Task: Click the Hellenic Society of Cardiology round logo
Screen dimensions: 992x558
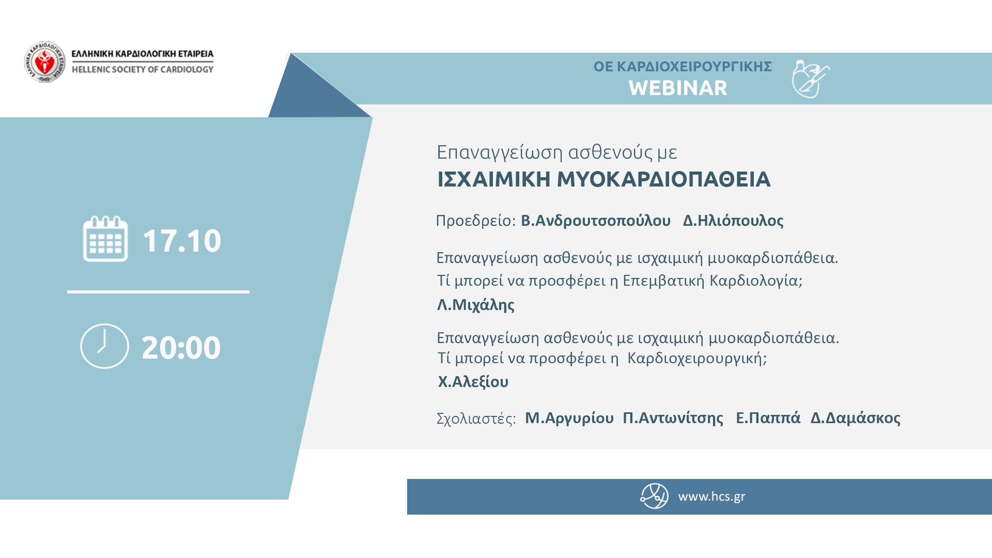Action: pos(45,62)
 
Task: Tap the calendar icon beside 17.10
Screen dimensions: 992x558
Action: pos(105,239)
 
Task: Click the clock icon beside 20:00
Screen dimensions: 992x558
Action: pos(104,346)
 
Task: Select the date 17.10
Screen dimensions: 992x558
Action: pos(182,241)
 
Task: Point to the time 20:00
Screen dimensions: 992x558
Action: pos(181,348)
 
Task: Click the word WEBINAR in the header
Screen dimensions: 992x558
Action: pos(678,88)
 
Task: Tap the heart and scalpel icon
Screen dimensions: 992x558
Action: pos(811,79)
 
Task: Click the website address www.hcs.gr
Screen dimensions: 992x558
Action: pos(711,497)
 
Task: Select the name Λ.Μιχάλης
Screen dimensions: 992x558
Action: pos(476,305)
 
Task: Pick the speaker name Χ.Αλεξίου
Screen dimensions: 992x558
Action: pos(473,382)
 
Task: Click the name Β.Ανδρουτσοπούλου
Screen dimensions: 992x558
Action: pos(596,221)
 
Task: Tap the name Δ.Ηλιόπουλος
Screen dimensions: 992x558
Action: pos(733,221)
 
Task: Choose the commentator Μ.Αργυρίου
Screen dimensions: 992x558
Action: pos(569,418)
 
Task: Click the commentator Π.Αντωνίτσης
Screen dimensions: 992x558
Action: pos(673,418)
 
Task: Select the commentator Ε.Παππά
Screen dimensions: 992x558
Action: pos(768,417)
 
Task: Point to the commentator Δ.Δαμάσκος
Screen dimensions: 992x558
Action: pos(856,418)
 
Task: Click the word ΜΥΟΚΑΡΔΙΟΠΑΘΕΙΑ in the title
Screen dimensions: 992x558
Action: pos(664,180)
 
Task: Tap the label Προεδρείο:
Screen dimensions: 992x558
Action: pos(476,221)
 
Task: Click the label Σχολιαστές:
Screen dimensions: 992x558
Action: pos(476,419)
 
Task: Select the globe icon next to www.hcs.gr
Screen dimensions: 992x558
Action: pos(655,496)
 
